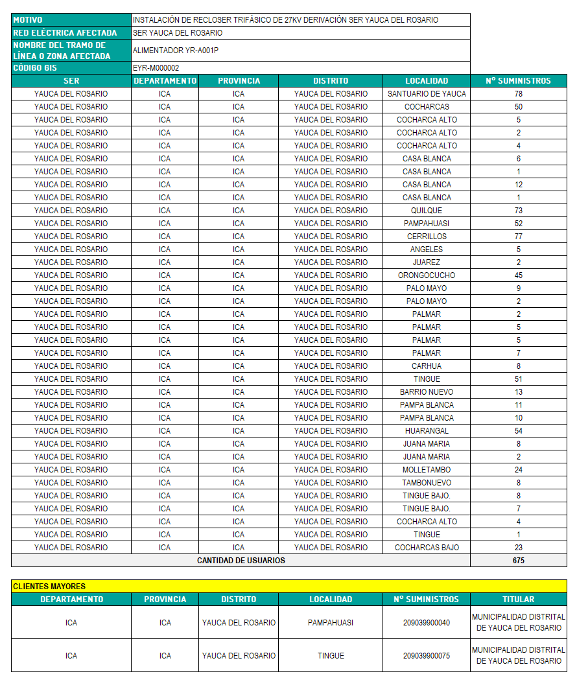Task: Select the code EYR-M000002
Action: [156, 68]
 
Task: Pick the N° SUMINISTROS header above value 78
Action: [518, 81]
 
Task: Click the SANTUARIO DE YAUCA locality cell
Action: [427, 94]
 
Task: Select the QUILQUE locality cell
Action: [427, 211]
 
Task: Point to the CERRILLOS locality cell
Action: [427, 237]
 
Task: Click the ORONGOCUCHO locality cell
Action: [427, 275]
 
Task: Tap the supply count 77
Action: [518, 237]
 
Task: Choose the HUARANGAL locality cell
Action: [427, 431]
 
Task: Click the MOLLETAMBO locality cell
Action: [427, 470]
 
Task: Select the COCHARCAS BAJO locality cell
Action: [427, 548]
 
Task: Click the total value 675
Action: [518, 561]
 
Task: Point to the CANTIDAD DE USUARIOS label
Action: [241, 561]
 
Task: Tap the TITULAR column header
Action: [518, 600]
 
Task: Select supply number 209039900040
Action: [427, 623]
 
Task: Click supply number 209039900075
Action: [427, 656]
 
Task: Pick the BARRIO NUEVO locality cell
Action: [427, 392]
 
